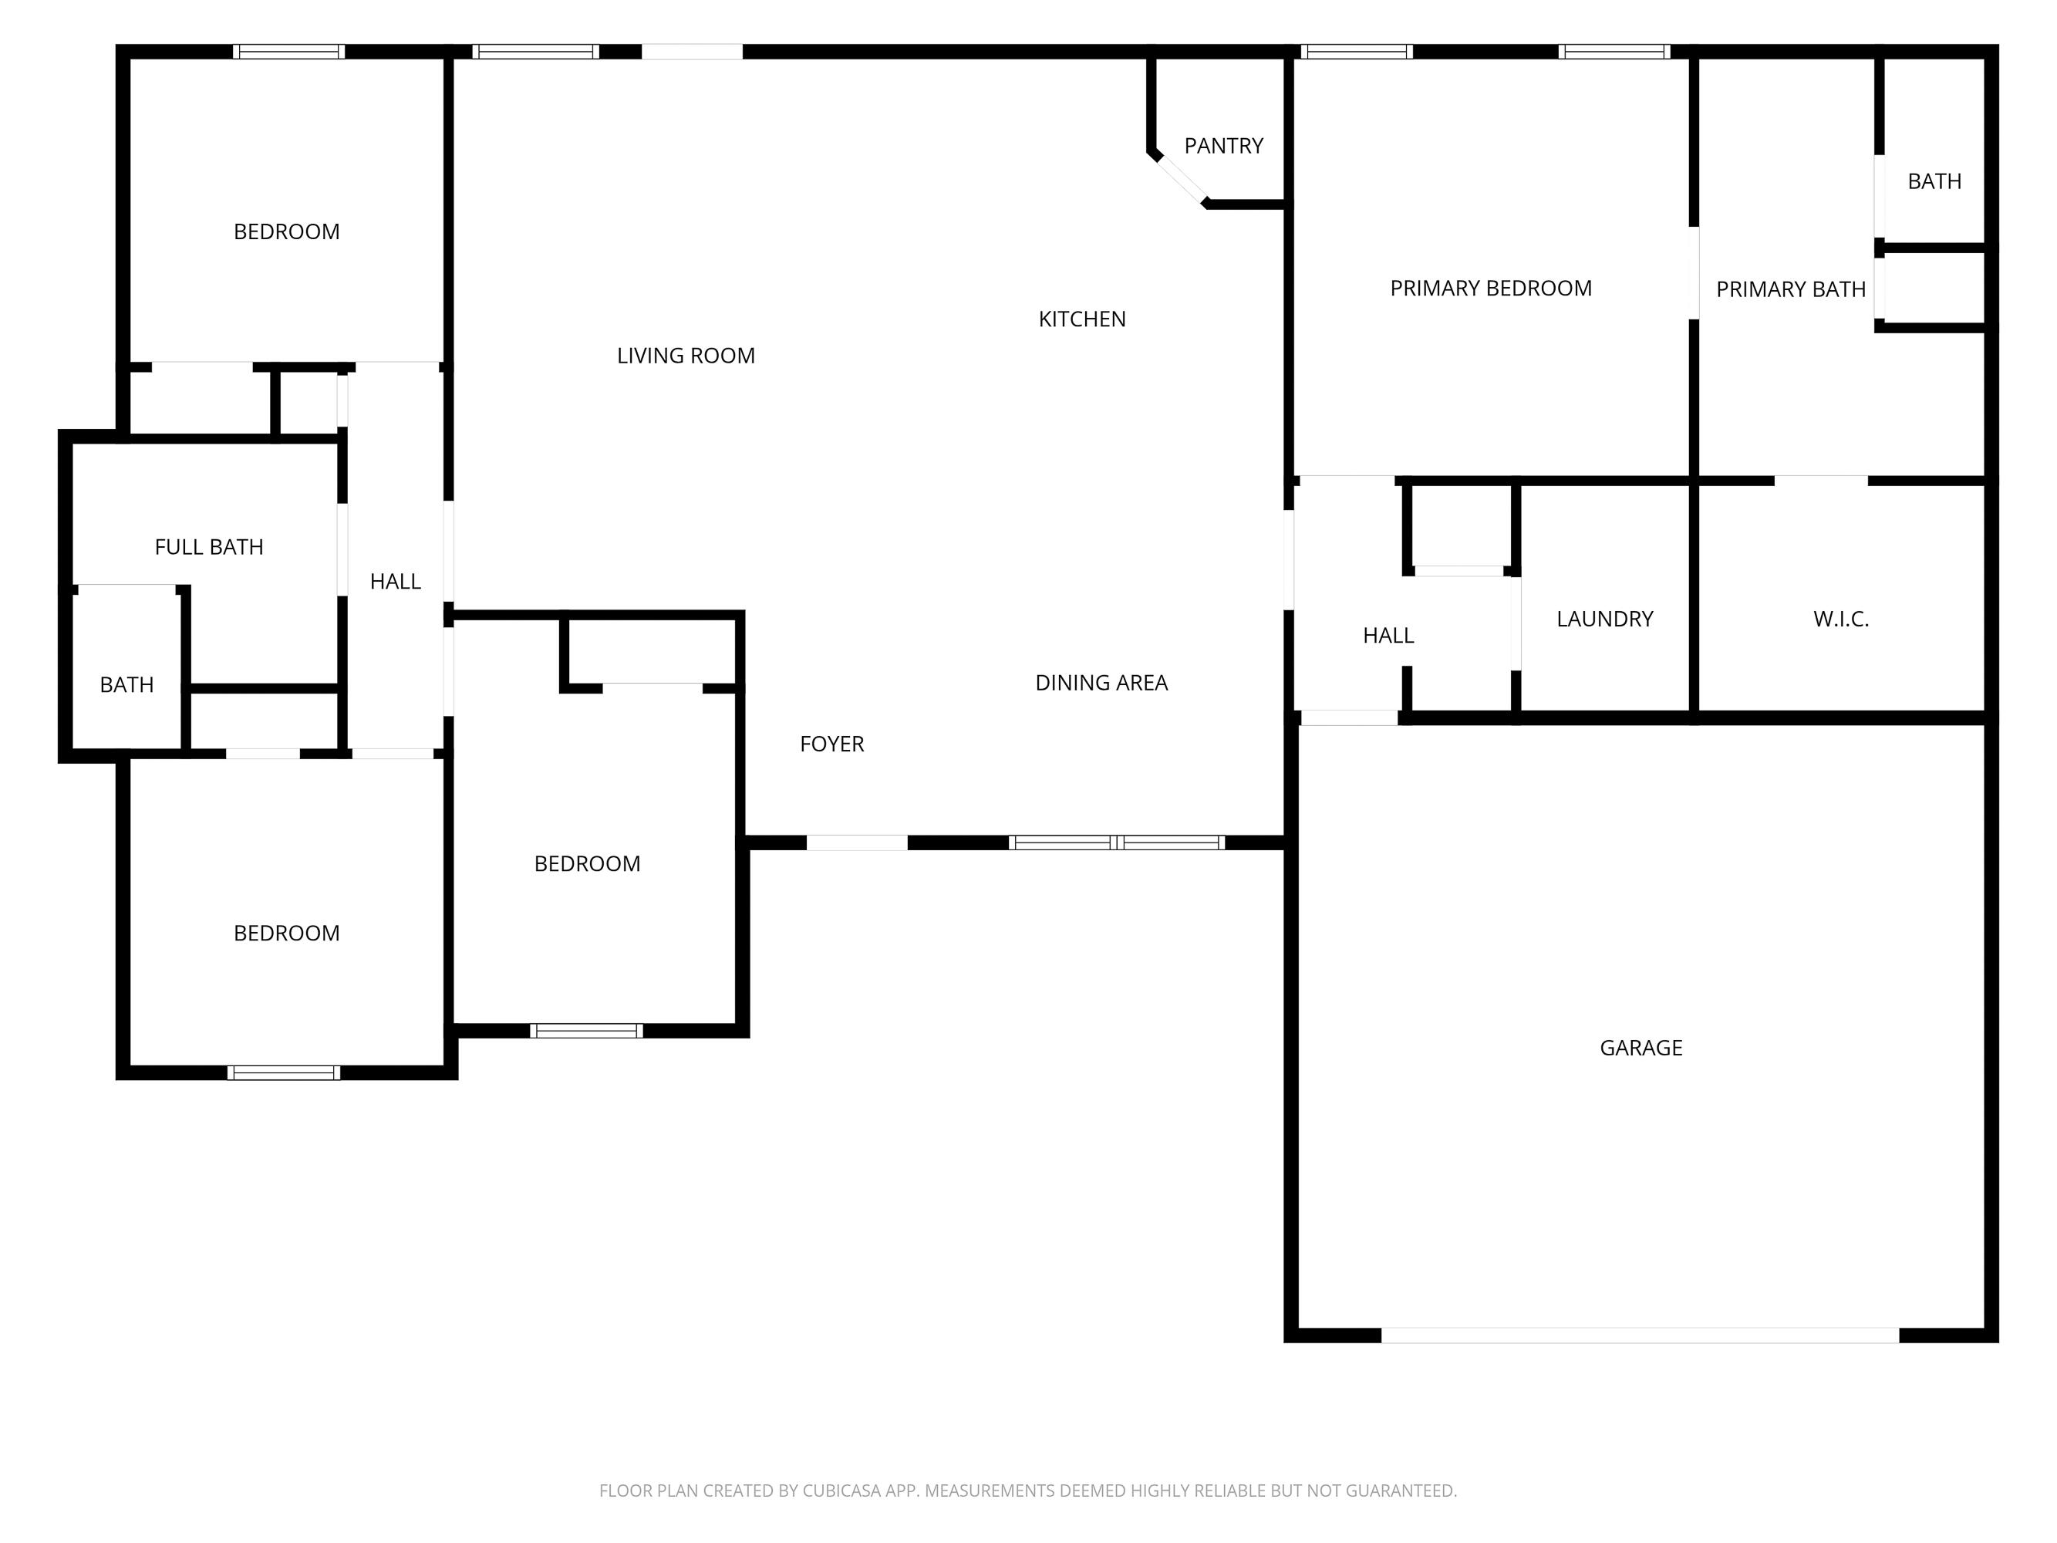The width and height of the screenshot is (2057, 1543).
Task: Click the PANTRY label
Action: point(1222,146)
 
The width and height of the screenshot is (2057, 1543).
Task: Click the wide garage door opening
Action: point(1640,1335)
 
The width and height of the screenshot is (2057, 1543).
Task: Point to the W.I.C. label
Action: point(1840,620)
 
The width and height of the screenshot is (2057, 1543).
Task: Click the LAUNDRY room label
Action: point(1604,620)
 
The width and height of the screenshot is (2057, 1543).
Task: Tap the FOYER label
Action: point(831,744)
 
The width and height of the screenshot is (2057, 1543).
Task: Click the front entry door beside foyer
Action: point(856,842)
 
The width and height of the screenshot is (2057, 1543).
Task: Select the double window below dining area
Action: point(1116,842)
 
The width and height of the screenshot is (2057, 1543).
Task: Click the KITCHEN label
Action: point(1081,320)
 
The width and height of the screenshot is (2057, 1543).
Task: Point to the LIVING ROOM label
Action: point(686,356)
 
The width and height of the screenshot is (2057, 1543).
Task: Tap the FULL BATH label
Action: point(208,547)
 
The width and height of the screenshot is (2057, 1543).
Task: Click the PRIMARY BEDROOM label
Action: point(1490,289)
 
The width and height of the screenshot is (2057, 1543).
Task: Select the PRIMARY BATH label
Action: point(1790,290)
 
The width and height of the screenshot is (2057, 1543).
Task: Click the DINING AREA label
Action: point(1101,684)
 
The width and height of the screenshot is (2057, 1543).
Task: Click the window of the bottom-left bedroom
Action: point(284,1072)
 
